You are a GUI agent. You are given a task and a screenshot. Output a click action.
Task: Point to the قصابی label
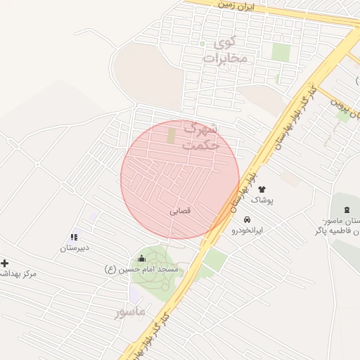tap(181, 210)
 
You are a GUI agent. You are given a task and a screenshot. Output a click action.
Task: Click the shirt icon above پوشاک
tap(262, 189)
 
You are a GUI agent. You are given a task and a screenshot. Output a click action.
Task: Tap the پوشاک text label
tap(262, 200)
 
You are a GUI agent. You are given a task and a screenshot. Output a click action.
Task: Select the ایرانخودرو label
tap(247, 230)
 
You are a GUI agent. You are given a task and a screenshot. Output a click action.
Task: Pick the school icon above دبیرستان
tap(74, 237)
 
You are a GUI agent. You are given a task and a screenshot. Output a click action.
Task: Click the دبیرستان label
tap(73, 248)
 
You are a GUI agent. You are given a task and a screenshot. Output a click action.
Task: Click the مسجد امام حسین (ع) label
tap(142, 269)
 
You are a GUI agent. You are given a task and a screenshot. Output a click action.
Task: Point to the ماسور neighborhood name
tap(131, 310)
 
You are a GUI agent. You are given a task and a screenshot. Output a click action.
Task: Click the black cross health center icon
tap(5, 263)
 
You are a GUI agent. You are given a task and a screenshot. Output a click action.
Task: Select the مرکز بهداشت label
tap(17, 274)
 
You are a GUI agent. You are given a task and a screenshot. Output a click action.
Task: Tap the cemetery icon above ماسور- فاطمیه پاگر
tap(347, 209)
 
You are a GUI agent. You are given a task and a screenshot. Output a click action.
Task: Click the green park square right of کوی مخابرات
tap(281, 52)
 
